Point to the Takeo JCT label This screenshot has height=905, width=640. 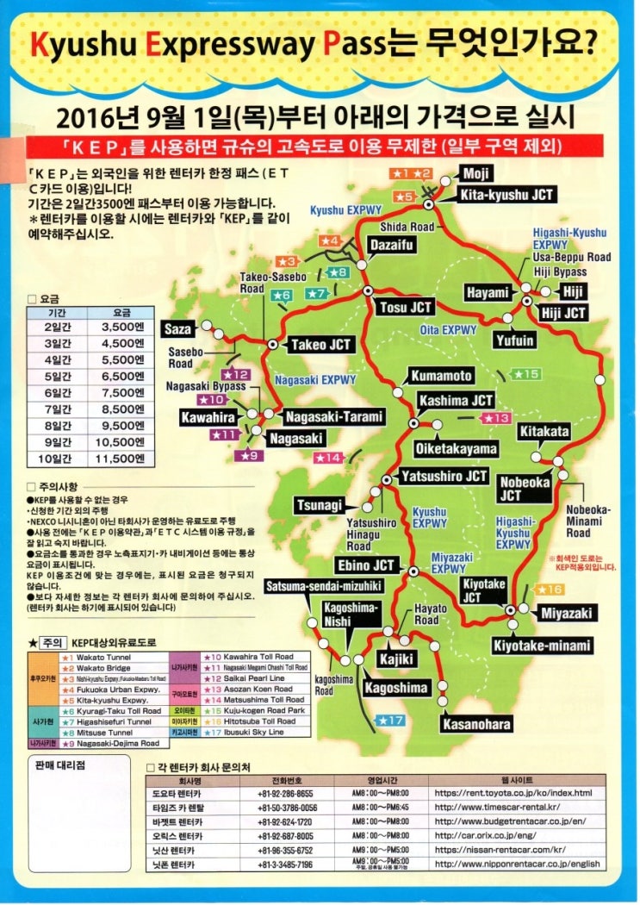pyautogui.click(x=320, y=344)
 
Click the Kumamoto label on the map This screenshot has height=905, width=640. pyautogui.click(x=441, y=376)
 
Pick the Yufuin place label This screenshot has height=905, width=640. pyautogui.click(x=514, y=340)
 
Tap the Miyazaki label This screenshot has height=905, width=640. pyautogui.click(x=566, y=614)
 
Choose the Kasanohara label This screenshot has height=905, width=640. pyautogui.click(x=476, y=724)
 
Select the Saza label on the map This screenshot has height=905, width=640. pyautogui.click(x=177, y=328)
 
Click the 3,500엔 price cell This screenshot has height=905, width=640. pyautogui.click(x=116, y=328)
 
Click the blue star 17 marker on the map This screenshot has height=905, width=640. pyautogui.click(x=391, y=720)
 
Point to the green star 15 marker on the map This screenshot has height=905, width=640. pyautogui.click(x=526, y=374)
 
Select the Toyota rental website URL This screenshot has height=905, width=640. pyautogui.click(x=513, y=793)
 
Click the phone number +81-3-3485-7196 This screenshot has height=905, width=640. pyautogui.click(x=285, y=864)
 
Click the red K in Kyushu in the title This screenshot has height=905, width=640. pyautogui.click(x=40, y=46)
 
